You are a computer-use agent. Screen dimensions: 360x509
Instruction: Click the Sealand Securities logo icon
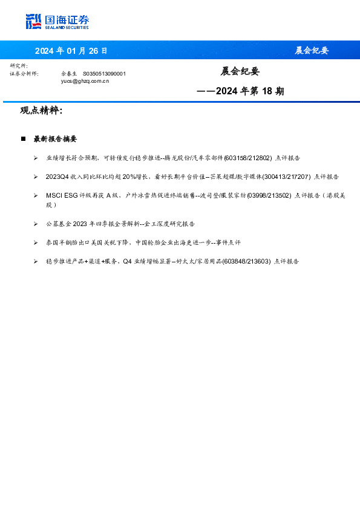pos(34,21)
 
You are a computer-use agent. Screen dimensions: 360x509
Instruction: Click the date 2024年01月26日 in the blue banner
pos(71,50)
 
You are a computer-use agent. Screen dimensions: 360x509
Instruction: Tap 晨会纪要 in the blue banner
pos(312,50)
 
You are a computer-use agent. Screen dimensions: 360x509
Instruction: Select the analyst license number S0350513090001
pos(104,73)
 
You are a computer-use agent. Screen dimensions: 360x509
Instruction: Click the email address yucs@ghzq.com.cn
pos(85,80)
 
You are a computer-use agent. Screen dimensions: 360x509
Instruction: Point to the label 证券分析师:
pos(24,73)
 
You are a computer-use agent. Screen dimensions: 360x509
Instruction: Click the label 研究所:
pos(19,65)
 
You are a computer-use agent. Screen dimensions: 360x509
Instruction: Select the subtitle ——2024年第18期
pos(240,91)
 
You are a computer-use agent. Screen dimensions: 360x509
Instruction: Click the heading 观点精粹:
pos(41,111)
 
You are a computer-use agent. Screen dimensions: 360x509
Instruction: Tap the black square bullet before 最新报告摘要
pos(24,139)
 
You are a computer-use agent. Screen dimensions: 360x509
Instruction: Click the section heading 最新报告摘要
pos(55,139)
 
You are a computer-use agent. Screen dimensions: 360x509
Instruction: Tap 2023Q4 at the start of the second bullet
pos(59,177)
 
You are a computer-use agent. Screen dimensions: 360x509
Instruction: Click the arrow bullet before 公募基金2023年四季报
pos(36,224)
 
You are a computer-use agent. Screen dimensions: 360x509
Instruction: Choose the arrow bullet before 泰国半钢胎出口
pos(36,242)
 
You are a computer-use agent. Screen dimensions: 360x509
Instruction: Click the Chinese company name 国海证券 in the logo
pos(67,19)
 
